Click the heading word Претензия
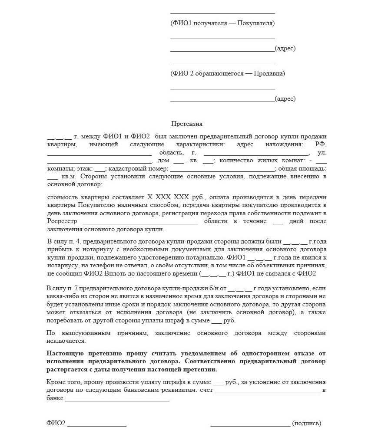point(187,124)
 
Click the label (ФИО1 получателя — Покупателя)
point(222,23)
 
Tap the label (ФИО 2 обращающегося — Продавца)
point(228,73)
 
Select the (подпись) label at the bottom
point(307,423)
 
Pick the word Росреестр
point(61,221)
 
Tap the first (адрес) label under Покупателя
point(285,49)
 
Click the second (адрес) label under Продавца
point(285,99)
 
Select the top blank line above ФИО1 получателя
point(222,13)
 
